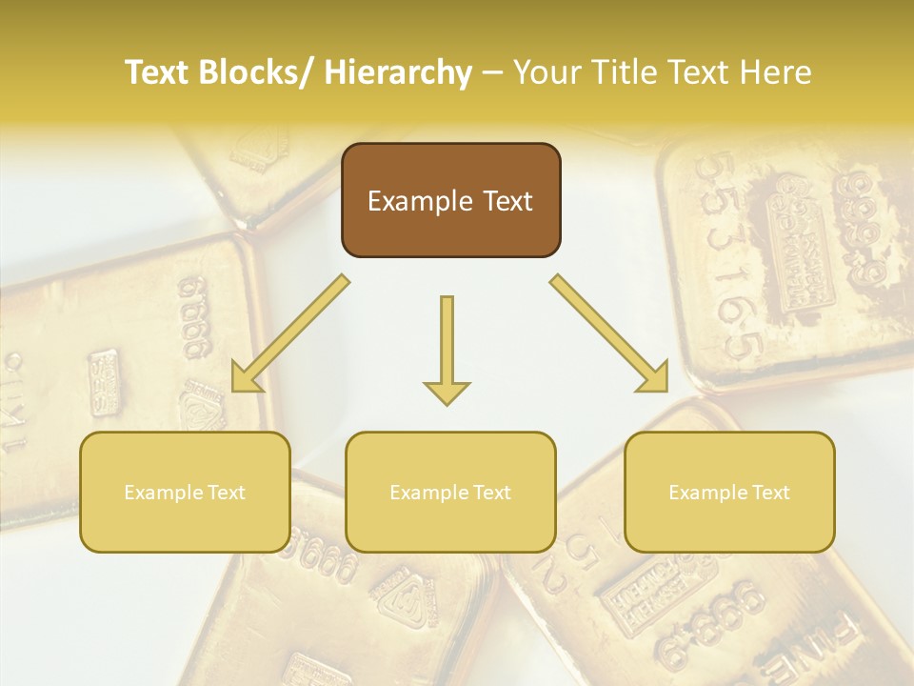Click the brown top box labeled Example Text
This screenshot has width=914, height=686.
click(450, 200)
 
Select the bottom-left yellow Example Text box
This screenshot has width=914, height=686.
click(185, 492)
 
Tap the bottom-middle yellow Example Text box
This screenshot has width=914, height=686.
click(450, 492)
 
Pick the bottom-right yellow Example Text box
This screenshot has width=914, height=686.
click(729, 492)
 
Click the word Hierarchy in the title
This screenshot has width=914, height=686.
click(398, 72)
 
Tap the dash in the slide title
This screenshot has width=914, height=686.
click(491, 73)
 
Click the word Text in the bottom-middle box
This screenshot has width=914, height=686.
click(490, 493)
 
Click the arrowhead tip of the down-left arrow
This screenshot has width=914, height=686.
click(234, 390)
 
